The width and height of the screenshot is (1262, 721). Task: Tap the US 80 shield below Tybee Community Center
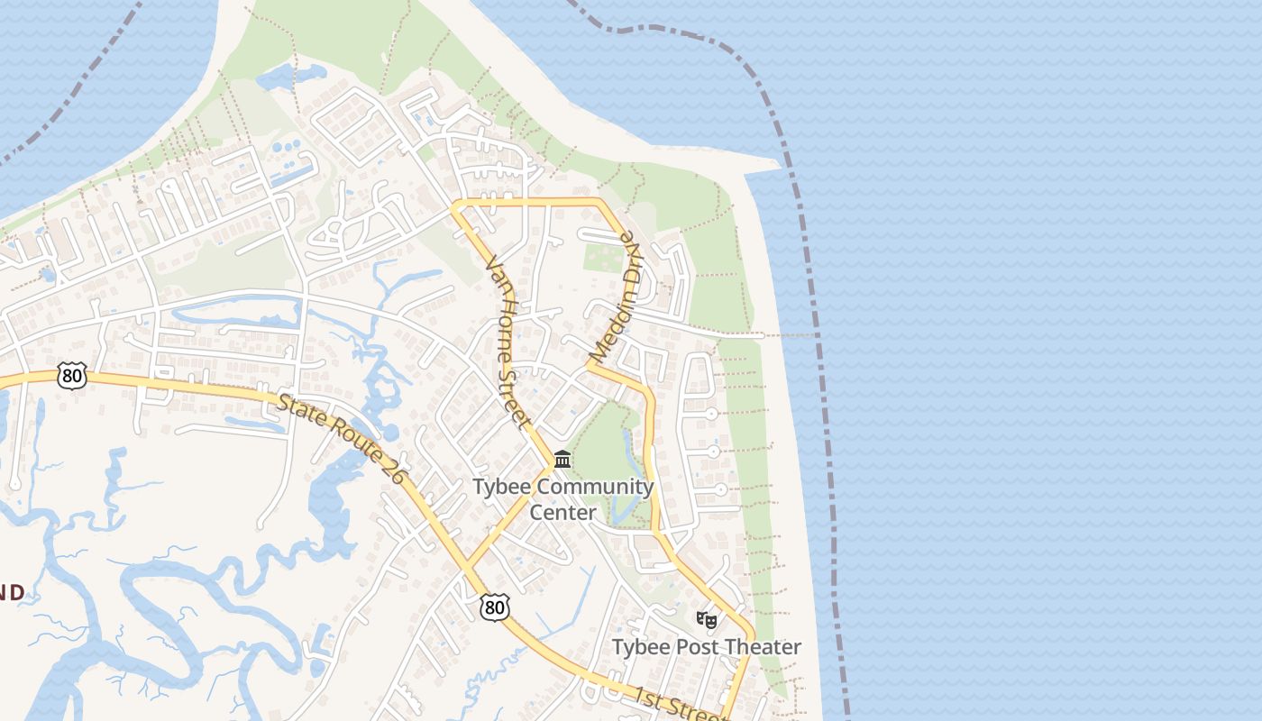point(494,607)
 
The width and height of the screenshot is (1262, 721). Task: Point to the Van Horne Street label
point(508,342)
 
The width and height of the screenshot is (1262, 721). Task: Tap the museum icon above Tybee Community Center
point(562,460)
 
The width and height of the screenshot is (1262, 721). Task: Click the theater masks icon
point(706,620)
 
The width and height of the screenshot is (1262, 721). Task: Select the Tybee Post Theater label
point(706,647)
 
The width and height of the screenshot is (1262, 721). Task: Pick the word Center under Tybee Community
point(562,513)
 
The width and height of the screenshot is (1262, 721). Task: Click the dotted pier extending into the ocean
point(793,335)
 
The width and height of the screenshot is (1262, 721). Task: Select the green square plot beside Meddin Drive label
point(603,256)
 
